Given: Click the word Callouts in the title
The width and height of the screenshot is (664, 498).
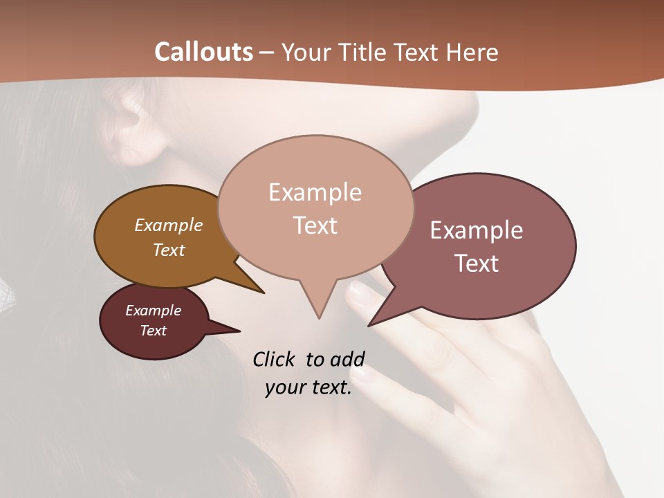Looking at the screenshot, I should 203,52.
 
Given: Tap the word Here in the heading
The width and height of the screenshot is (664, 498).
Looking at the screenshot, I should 472,53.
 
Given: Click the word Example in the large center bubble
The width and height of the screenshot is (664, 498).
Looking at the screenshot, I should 315,192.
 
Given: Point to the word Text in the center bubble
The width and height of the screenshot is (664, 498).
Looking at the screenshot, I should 315,225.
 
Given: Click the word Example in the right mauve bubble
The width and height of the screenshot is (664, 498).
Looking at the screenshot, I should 477,230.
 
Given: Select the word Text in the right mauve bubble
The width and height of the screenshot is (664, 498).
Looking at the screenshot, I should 477,264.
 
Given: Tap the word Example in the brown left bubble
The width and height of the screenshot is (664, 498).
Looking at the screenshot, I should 169,225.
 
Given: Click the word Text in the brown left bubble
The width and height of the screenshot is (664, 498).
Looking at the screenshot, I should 169,250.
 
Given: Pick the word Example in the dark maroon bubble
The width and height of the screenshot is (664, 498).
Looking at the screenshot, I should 153,311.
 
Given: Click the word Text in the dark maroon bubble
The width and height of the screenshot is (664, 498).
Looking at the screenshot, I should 153,331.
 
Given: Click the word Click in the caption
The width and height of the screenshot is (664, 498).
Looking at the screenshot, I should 274,359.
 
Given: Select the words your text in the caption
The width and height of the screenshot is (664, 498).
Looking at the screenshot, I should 308,387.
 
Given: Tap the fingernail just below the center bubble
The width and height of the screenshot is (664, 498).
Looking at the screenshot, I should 359,294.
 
